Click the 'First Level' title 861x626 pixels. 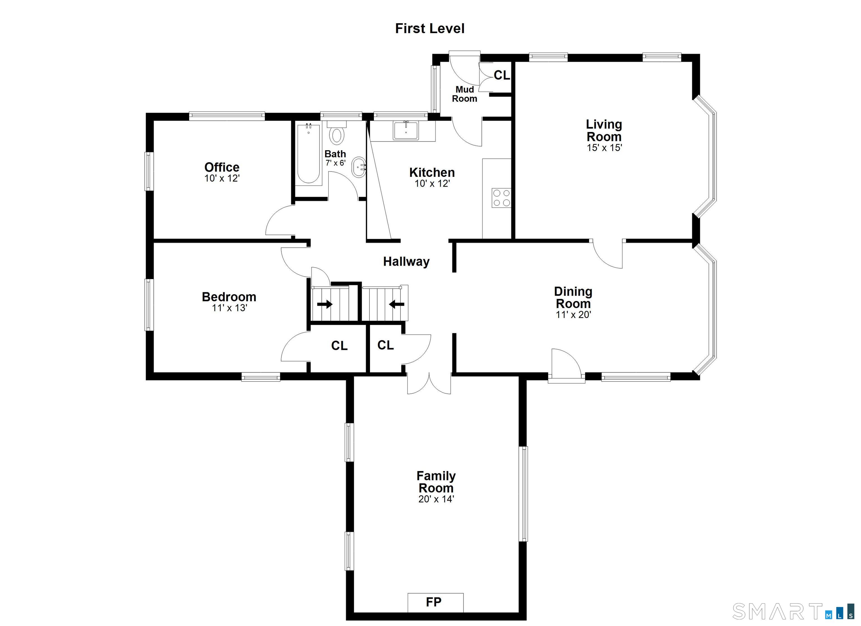(430, 29)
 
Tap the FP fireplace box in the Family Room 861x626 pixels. (436, 602)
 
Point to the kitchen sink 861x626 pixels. (406, 130)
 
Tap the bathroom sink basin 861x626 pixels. (359, 167)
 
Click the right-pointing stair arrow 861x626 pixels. (325, 304)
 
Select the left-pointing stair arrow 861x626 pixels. (396, 304)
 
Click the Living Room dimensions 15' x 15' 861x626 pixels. (604, 148)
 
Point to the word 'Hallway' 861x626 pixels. (406, 261)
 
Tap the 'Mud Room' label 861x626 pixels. (465, 94)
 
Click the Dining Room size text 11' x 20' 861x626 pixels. (573, 315)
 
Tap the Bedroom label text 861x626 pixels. (229, 296)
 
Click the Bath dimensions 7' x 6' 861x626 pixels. (335, 163)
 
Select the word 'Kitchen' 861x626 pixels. (432, 172)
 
